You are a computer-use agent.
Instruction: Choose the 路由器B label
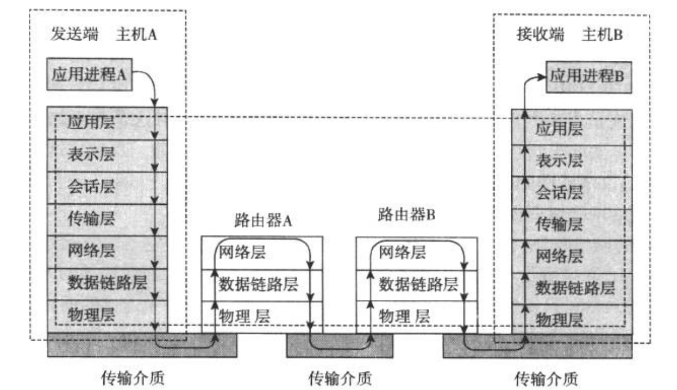(407, 213)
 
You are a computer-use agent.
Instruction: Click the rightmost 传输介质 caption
(546, 377)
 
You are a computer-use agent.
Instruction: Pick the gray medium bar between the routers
(340, 346)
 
